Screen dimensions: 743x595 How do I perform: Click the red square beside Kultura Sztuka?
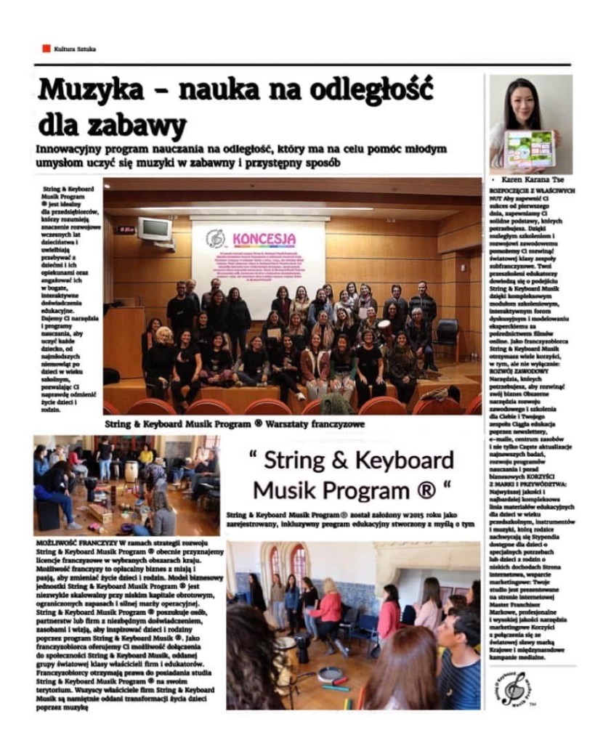click(46, 49)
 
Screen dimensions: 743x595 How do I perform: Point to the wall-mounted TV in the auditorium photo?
click(154, 229)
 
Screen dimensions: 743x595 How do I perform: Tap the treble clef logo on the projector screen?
click(216, 238)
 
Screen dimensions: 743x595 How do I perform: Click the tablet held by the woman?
click(530, 148)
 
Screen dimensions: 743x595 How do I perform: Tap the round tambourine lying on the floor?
click(331, 672)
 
